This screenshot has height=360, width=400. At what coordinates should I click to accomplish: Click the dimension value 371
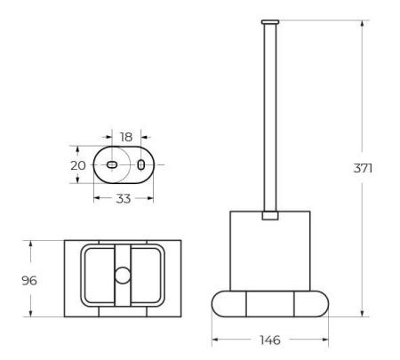click(362, 168)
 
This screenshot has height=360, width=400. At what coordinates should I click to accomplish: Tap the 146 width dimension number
click(269, 340)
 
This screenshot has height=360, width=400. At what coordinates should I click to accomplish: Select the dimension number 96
click(28, 278)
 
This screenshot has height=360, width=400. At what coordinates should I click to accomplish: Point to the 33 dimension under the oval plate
click(123, 198)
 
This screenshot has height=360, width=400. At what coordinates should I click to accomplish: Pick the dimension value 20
click(77, 165)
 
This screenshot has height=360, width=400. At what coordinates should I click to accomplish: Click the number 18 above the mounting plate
click(125, 137)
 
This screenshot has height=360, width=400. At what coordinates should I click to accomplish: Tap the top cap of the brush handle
click(269, 20)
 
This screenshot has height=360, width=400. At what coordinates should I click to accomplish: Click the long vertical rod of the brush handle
click(269, 116)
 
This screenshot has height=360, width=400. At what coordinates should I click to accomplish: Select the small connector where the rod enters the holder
click(269, 214)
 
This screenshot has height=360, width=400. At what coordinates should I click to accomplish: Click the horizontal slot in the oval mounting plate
click(112, 165)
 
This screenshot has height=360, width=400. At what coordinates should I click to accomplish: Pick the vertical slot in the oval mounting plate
click(140, 165)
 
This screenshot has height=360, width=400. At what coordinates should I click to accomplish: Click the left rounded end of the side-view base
click(225, 305)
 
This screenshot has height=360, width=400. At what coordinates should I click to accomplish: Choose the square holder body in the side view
click(269, 253)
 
